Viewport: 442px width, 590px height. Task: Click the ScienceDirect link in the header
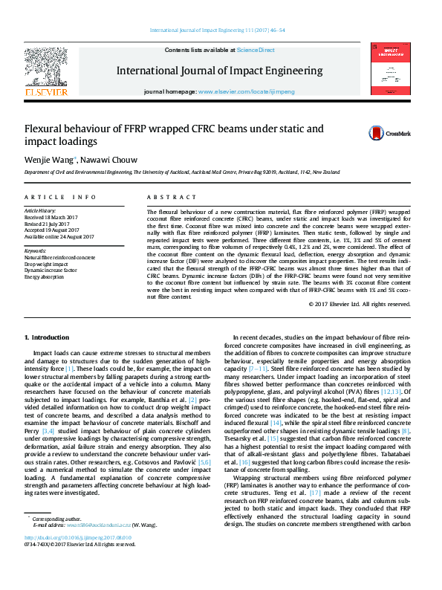[x=256, y=50]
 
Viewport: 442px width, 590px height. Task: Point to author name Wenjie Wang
[x=49, y=158]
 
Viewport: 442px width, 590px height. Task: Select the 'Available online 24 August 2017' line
[x=69, y=237]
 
